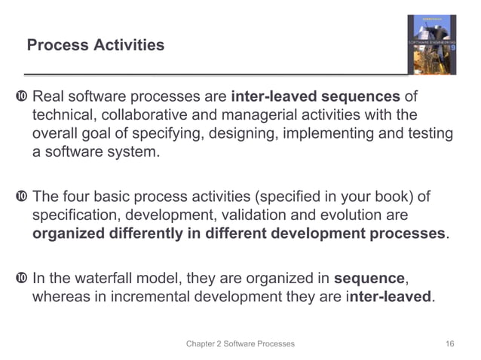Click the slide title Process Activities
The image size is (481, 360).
[x=95, y=46]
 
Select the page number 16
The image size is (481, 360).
[x=449, y=343]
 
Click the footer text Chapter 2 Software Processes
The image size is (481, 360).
[x=240, y=343]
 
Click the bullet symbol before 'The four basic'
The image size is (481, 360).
[x=22, y=197]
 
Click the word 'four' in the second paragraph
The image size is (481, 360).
[x=78, y=197]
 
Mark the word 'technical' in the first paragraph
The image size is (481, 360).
[x=63, y=115]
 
